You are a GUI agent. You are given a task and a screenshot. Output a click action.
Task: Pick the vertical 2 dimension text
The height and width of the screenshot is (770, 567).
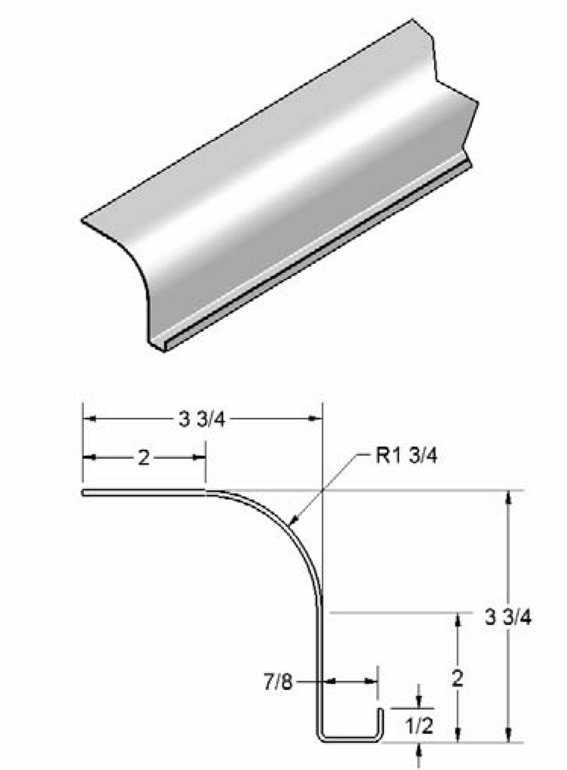457,678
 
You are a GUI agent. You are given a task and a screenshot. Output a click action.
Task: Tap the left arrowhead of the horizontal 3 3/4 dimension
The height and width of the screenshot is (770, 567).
88,419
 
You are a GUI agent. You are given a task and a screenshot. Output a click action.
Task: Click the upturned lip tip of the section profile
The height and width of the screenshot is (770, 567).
379,711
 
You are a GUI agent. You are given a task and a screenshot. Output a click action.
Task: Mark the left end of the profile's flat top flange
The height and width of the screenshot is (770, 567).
84,493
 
